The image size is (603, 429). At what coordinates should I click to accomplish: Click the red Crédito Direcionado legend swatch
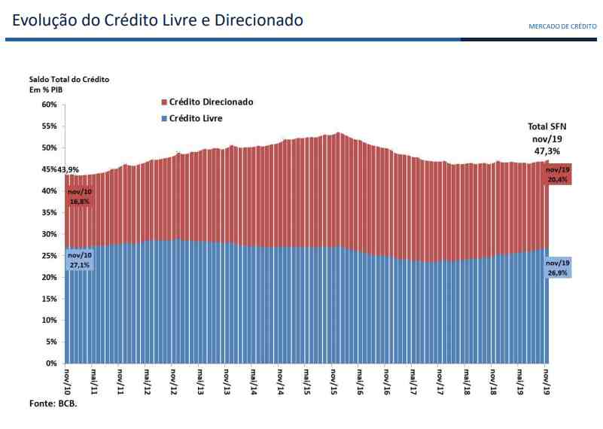tap(163, 102)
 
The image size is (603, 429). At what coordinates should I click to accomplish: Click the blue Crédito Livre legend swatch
tap(163, 119)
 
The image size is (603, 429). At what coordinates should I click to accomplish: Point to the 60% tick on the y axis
tap(49, 105)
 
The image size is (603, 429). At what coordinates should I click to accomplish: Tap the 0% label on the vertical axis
tap(51, 364)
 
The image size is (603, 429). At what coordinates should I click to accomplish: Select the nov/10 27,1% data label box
tap(79, 261)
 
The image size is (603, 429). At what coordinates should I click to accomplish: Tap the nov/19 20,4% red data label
tap(558, 175)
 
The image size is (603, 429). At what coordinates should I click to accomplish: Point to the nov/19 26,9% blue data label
tap(558, 267)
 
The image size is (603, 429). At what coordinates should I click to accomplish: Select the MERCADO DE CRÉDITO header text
tap(562, 26)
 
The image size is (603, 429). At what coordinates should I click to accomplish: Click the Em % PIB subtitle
tap(47, 90)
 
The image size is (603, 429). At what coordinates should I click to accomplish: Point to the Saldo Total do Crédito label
tap(69, 79)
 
